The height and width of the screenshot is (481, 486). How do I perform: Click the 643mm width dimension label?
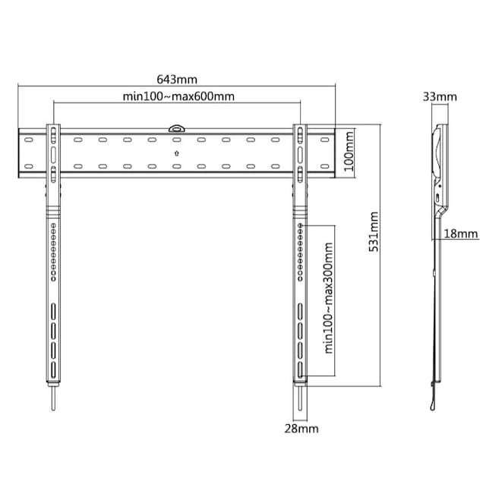pos(177,80)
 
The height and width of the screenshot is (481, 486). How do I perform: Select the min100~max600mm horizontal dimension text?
pos(178,96)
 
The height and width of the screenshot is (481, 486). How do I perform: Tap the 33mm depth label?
pos(440,97)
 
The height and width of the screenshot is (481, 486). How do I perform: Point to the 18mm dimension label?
pos(461,233)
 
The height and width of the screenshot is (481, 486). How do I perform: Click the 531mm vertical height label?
pos(374,231)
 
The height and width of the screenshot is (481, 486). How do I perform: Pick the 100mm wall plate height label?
pos(349,151)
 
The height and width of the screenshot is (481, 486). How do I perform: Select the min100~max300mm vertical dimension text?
pos(328,297)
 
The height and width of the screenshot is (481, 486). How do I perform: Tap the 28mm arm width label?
pos(301,429)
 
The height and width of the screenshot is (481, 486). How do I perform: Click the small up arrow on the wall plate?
pos(177,153)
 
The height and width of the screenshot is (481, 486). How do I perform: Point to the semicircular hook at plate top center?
pos(176,128)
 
